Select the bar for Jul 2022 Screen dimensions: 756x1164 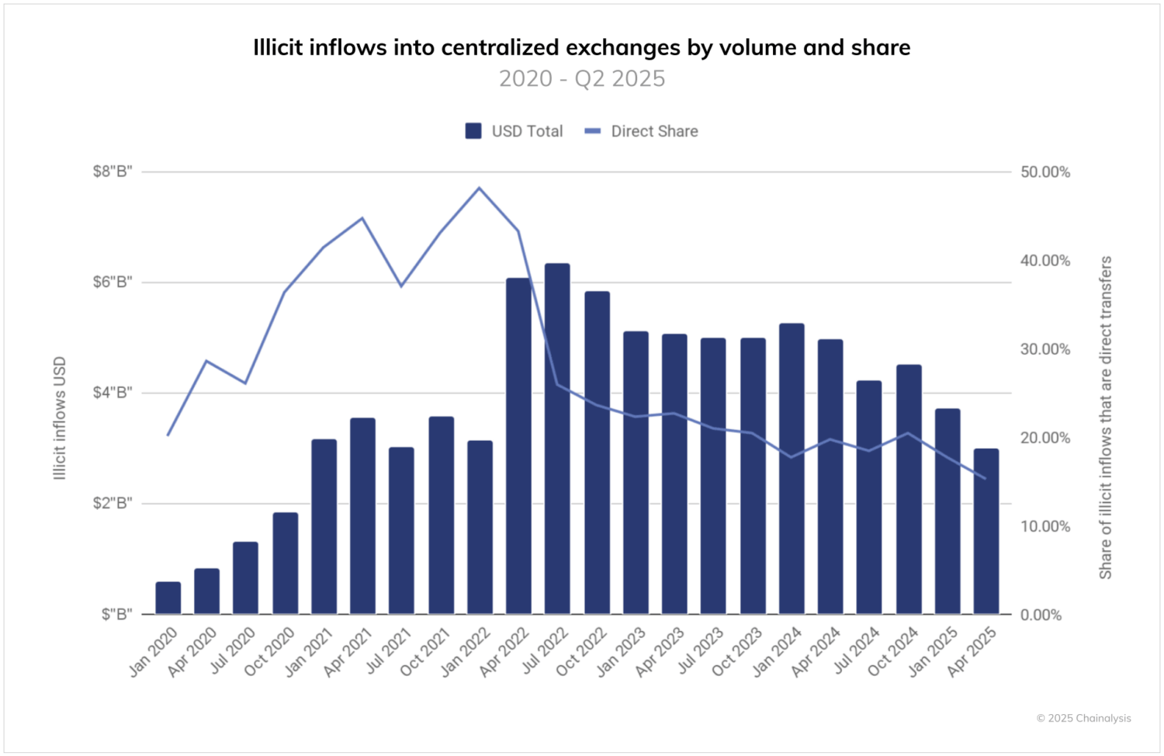tap(557, 439)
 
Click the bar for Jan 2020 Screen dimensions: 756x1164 tap(168, 598)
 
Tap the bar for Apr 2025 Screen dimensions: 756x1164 tap(986, 531)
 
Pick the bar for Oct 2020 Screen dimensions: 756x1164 tap(285, 563)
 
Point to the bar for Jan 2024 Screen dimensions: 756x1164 tap(792, 468)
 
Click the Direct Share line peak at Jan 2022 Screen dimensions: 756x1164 tap(479, 188)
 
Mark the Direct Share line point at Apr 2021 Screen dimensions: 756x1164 tap(362, 218)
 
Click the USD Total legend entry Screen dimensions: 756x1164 tap(514, 131)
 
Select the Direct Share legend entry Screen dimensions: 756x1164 tap(642, 131)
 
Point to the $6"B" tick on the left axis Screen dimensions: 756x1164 tap(113, 282)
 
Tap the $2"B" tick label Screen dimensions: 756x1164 tap(113, 503)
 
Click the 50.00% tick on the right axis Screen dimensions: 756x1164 tap(1044, 172)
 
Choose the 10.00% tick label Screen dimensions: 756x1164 tap(1044, 526)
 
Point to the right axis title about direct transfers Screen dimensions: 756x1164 tap(1105, 418)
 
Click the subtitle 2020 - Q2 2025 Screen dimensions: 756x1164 tap(582, 78)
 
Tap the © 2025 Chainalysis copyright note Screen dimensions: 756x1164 tap(1083, 718)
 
